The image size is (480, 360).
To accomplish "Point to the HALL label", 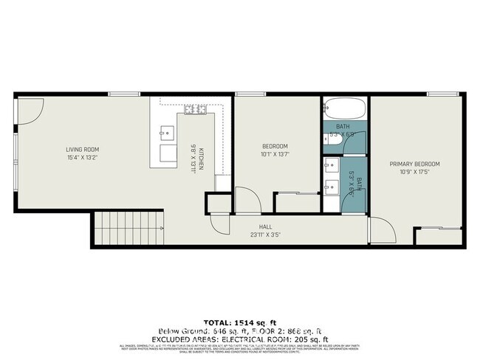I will click(269, 226).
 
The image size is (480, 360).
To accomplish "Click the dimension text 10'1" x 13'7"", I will click(274, 154).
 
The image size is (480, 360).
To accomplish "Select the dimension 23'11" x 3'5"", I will click(269, 235).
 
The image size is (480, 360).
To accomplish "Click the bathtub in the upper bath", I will click(344, 109).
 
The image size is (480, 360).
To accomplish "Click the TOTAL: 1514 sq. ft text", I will click(240, 322).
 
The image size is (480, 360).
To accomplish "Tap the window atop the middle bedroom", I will click(246, 94).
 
